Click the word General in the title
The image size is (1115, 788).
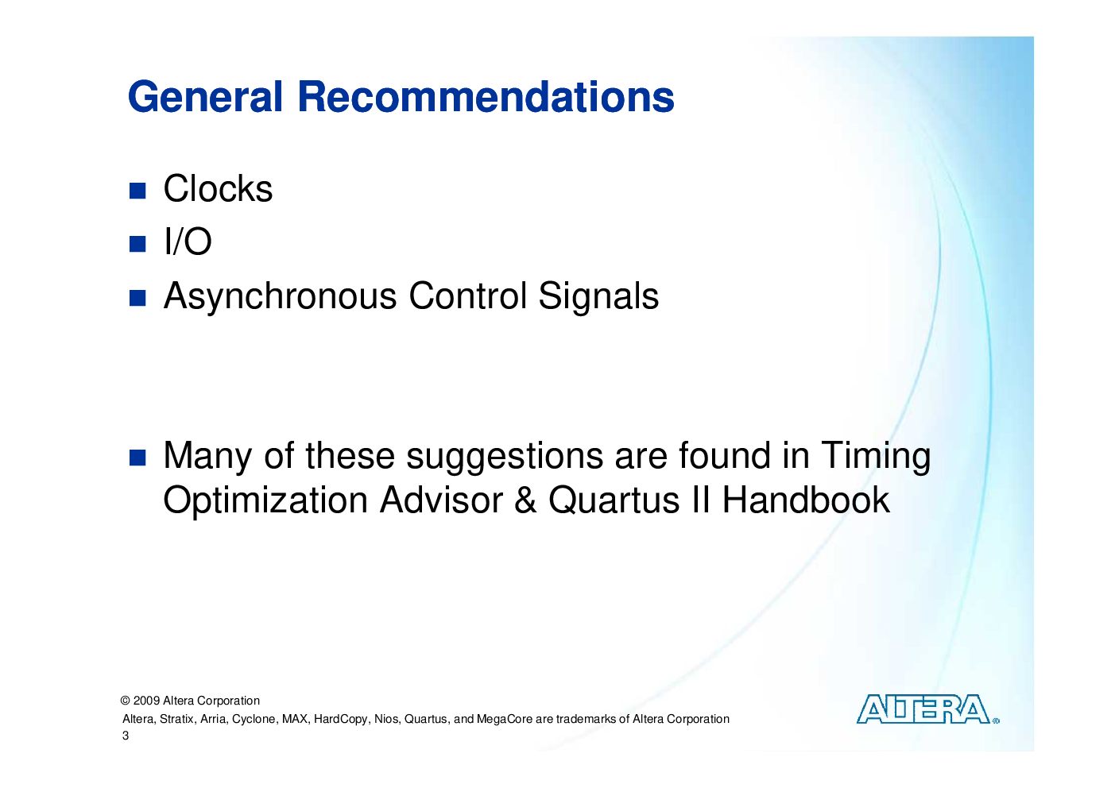(x=205, y=96)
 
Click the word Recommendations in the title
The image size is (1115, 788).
(x=486, y=96)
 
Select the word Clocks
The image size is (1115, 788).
(x=218, y=189)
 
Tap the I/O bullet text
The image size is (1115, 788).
(x=188, y=241)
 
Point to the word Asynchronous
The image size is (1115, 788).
(x=281, y=297)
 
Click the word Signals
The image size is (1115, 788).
(x=598, y=295)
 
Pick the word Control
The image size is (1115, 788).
(x=467, y=295)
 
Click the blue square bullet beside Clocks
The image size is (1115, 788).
(x=137, y=191)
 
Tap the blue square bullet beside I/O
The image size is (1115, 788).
(x=137, y=244)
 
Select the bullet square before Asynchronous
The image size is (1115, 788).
(x=137, y=298)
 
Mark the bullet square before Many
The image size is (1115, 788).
(x=137, y=458)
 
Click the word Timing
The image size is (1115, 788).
(x=876, y=457)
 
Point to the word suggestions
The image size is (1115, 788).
(x=505, y=457)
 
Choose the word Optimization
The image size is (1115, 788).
(x=265, y=501)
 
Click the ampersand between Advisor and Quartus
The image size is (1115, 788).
(x=525, y=500)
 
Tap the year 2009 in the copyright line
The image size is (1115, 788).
(x=146, y=701)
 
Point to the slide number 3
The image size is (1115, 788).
(x=126, y=736)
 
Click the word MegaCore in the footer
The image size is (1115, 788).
(x=504, y=720)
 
